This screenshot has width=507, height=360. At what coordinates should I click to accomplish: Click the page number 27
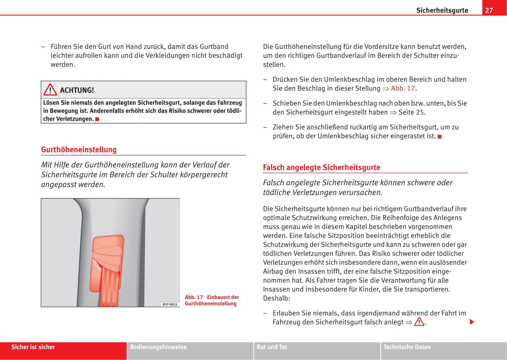click(489, 10)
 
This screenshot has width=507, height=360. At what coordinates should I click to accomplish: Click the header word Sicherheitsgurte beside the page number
click(442, 10)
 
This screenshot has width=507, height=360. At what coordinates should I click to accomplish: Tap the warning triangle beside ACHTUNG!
click(50, 90)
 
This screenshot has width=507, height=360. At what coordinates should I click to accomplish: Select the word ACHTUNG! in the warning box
click(77, 90)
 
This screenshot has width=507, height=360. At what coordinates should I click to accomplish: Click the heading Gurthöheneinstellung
click(79, 149)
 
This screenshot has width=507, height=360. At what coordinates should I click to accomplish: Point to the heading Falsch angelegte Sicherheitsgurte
click(321, 167)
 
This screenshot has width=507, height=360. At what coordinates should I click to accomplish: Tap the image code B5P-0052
click(170, 304)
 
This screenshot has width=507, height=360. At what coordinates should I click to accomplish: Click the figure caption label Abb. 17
click(194, 297)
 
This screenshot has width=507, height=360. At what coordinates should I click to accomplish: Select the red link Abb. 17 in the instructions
click(403, 88)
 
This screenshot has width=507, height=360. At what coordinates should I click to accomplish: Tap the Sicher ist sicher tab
click(33, 347)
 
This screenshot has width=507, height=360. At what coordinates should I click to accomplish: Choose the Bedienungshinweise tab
click(158, 347)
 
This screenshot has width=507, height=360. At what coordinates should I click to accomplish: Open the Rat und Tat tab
click(272, 347)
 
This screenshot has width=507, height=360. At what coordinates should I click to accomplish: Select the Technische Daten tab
click(407, 347)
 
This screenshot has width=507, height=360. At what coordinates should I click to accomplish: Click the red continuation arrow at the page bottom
click(472, 322)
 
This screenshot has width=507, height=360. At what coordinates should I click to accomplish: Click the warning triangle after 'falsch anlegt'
click(419, 322)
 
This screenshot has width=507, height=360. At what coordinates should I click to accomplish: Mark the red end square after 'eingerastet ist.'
click(440, 136)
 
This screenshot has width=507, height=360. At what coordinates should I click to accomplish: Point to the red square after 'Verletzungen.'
click(97, 119)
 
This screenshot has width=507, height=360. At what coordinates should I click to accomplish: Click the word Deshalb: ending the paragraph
click(276, 298)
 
